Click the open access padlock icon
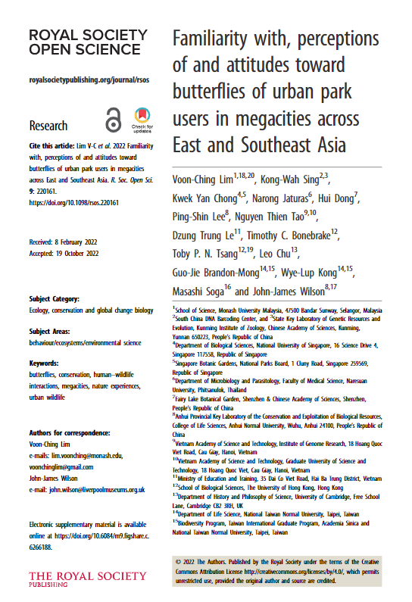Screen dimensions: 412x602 pyautogui.click(x=114, y=120)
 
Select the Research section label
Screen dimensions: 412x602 pyautogui.click(x=48, y=126)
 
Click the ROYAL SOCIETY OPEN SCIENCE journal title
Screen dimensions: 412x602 pyautogui.click(x=88, y=43)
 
